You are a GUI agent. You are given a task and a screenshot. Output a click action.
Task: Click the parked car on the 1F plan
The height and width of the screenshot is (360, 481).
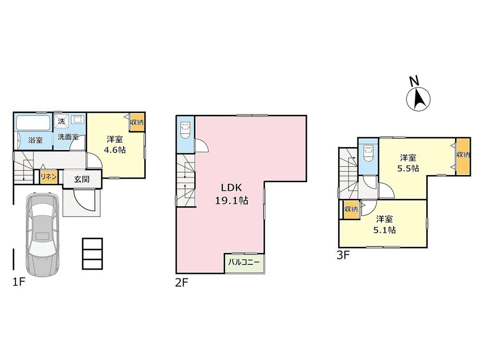(x=42, y=235)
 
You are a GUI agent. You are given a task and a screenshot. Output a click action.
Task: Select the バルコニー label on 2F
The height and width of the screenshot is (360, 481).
(x=244, y=262)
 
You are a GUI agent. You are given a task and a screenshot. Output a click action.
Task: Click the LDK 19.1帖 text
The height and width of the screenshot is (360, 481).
(x=232, y=194)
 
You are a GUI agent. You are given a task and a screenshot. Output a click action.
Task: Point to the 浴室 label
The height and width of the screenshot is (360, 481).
(x=36, y=140)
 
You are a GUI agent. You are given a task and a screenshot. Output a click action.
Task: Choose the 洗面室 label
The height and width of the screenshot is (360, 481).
(x=68, y=137)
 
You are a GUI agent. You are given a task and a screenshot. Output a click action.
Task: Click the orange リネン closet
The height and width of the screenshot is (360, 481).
(x=49, y=177)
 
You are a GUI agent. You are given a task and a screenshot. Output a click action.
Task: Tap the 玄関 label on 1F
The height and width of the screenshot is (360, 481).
(x=82, y=179)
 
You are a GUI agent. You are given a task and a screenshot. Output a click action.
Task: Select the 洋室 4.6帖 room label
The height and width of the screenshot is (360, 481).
(x=115, y=145)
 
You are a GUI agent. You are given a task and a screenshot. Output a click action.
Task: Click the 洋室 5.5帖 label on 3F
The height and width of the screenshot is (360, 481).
(x=408, y=163)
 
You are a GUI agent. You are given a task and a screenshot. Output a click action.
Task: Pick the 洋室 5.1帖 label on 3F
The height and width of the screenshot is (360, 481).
(x=384, y=224)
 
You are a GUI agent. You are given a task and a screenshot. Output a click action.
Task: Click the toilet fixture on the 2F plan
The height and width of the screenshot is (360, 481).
(x=186, y=130)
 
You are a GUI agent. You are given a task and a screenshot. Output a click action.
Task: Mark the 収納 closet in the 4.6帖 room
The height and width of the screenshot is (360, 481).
(x=137, y=123)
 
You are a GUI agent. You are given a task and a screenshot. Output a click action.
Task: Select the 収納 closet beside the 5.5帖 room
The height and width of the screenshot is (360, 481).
(x=463, y=156)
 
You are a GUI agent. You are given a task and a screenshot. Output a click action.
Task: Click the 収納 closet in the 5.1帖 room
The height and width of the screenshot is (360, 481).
(x=351, y=210)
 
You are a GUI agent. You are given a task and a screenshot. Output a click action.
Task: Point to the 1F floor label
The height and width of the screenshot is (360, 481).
(x=19, y=282)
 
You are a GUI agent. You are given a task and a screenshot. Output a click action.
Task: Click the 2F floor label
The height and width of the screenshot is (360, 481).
(x=182, y=283)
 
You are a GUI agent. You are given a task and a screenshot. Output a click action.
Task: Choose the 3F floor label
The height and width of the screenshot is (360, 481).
(x=343, y=255)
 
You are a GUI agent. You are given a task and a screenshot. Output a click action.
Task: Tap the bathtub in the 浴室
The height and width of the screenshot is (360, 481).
(x=33, y=123)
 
